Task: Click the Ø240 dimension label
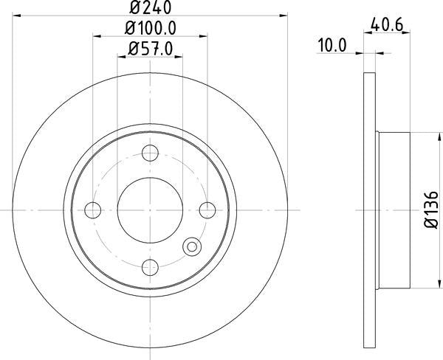point(151,9)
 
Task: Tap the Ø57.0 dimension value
point(151,50)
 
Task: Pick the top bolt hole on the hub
point(151,153)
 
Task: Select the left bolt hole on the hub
point(93,210)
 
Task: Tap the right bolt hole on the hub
point(208,210)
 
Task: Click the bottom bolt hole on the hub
point(151,267)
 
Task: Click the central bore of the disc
point(151,210)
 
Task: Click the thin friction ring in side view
point(371,210)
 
